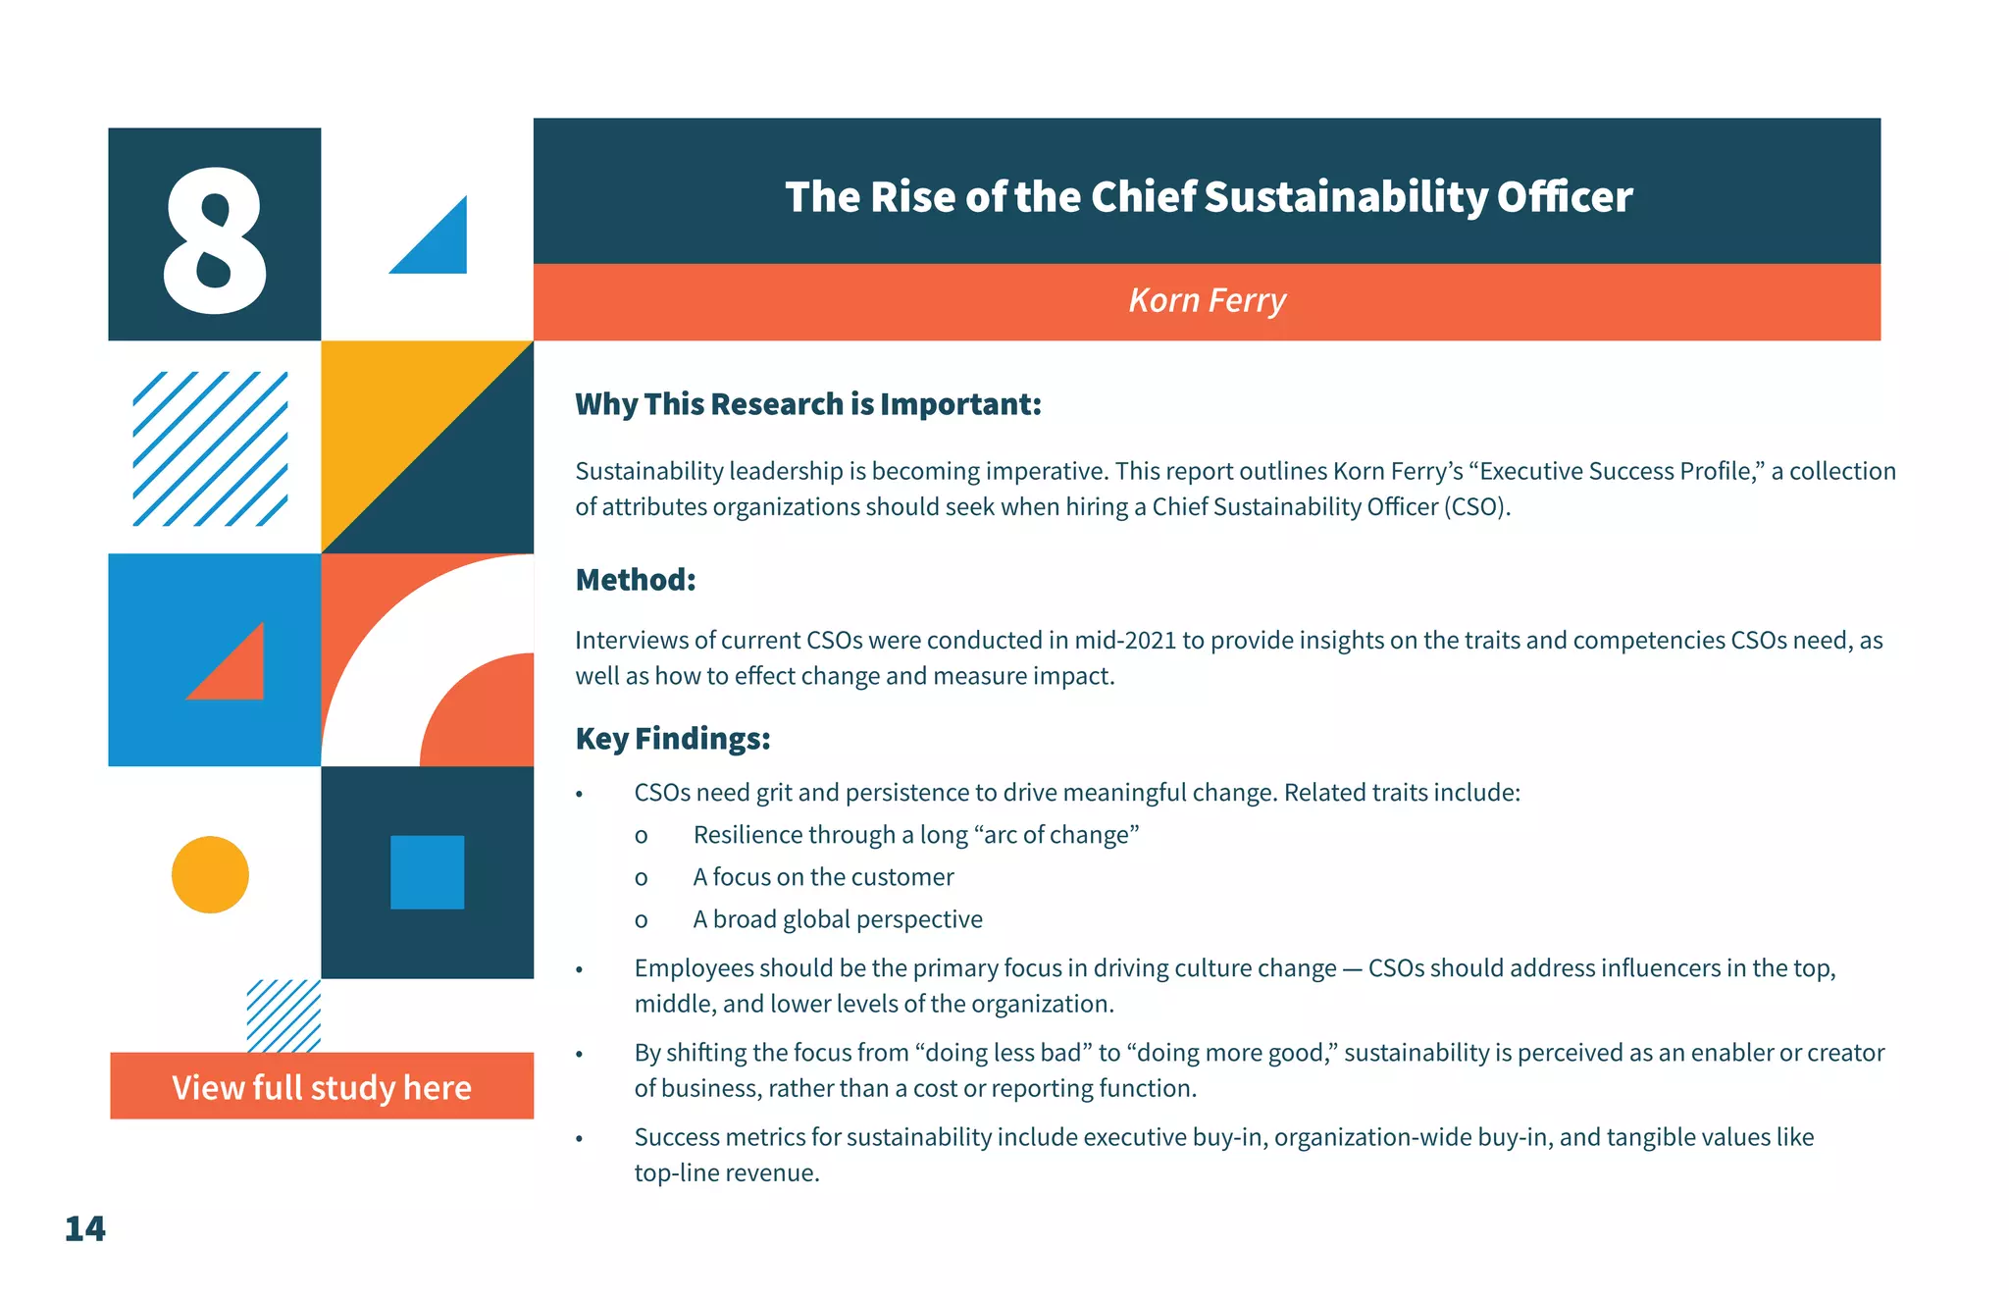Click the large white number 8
pyautogui.click(x=214, y=238)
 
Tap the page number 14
pyautogui.click(x=84, y=1228)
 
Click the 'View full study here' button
pyautogui.click(x=322, y=1086)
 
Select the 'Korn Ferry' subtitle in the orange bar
pyautogui.click(x=1207, y=300)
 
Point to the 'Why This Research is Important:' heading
pyautogui.click(x=807, y=404)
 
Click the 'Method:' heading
pyautogui.click(x=635, y=580)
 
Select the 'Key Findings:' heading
pyautogui.click(x=672, y=738)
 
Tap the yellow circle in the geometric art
pyautogui.click(x=210, y=874)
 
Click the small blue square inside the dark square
pyautogui.click(x=427, y=872)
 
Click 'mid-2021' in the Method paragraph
pyautogui.click(x=1124, y=641)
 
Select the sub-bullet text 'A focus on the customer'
pyautogui.click(x=823, y=877)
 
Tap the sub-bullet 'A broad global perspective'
pyautogui.click(x=838, y=919)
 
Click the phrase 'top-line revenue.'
pyautogui.click(x=726, y=1173)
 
